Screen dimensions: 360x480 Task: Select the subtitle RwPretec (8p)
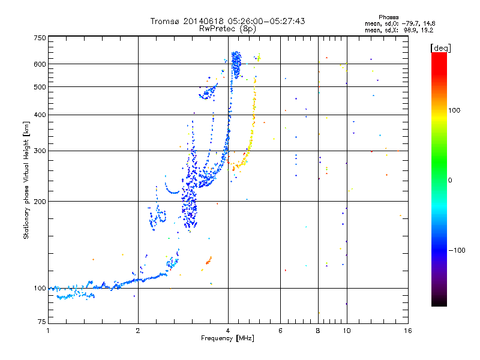point(228,28)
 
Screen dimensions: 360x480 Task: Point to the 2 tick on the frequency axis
point(138,331)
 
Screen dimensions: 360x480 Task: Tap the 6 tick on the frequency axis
point(280,331)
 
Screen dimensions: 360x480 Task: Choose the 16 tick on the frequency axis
point(407,331)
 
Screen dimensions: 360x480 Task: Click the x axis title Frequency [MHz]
point(228,338)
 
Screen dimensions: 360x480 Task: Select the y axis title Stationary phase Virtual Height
point(26,180)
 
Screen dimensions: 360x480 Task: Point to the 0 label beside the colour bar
point(451,180)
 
